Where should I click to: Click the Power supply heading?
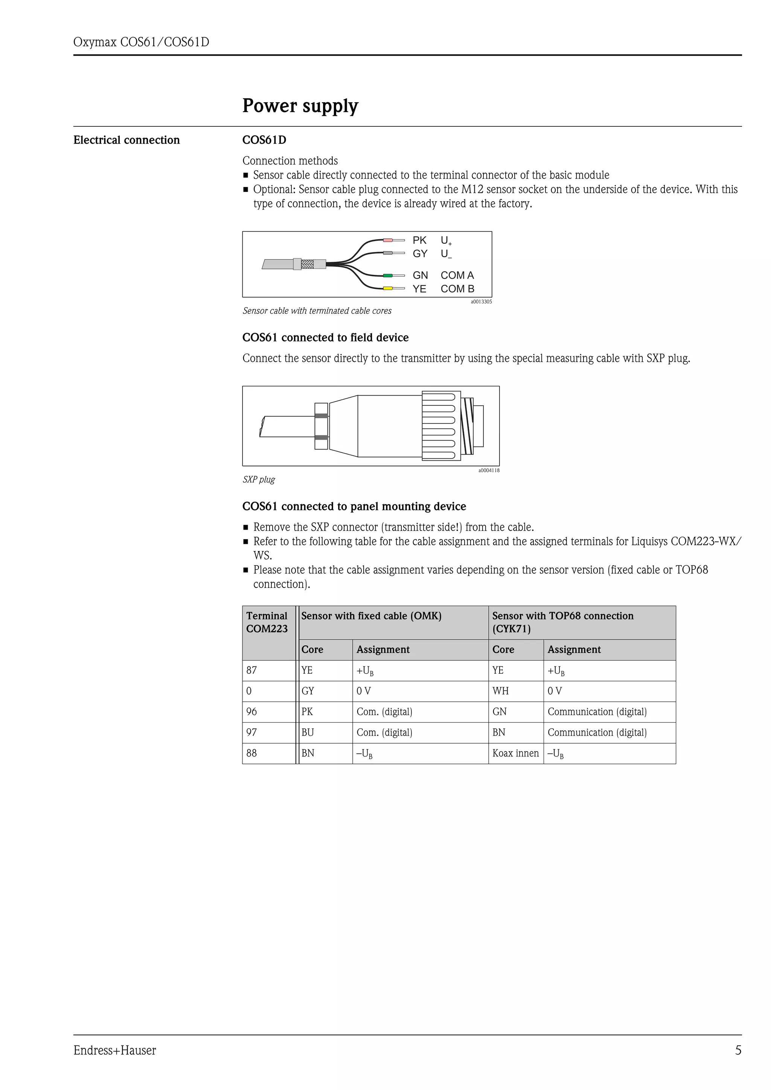click(x=300, y=106)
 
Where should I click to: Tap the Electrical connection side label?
click(x=126, y=140)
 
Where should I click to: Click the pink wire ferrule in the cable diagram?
click(x=388, y=240)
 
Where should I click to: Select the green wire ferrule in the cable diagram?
click(x=388, y=275)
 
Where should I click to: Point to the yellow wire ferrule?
click(x=388, y=288)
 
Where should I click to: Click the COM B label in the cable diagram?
click(x=457, y=288)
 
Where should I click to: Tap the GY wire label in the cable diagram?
click(x=419, y=254)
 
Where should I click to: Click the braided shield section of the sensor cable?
click(x=307, y=264)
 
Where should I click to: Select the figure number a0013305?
click(x=481, y=301)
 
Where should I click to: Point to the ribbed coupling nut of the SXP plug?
click(x=441, y=426)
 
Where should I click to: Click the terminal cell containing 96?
click(x=269, y=712)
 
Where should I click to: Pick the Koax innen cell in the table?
click(x=515, y=753)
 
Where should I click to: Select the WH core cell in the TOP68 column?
click(x=515, y=691)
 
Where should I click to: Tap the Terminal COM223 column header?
click(x=267, y=622)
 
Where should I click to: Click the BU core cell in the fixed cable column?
click(x=325, y=733)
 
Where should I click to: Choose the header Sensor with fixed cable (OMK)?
click(x=371, y=616)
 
